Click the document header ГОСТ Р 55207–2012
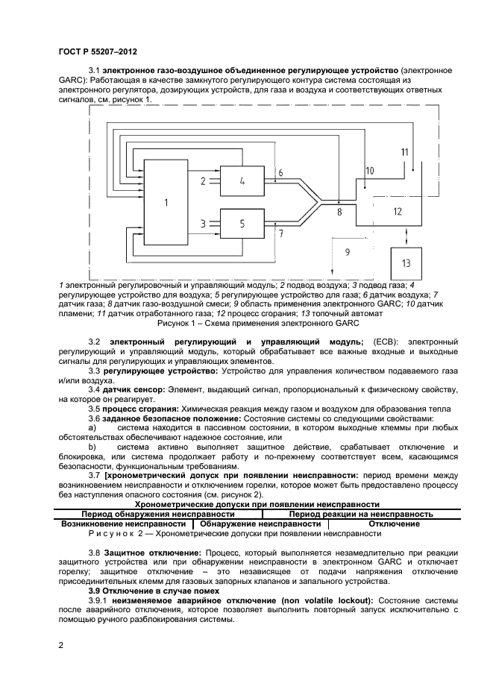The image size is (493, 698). click(x=98, y=51)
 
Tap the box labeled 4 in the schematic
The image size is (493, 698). click(x=242, y=180)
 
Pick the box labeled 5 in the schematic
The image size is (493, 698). click(x=242, y=223)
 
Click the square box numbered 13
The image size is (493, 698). click(x=406, y=263)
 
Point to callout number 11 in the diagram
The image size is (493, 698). click(x=404, y=152)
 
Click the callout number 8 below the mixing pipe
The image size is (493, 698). click(x=339, y=213)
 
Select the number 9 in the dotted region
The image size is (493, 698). click(x=348, y=252)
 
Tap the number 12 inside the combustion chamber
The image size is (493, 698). click(x=398, y=212)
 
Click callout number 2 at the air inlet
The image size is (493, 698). click(x=203, y=180)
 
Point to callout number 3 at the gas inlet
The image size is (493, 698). click(x=203, y=223)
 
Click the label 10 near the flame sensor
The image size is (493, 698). click(x=370, y=171)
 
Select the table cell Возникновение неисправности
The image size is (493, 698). click(x=123, y=524)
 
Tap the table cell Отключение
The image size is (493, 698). click(x=394, y=524)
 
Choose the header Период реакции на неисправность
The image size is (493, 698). click(x=361, y=514)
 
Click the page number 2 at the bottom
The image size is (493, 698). click(x=61, y=646)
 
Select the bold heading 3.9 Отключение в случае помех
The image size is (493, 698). click(x=154, y=591)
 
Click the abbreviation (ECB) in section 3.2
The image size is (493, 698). click(x=386, y=342)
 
